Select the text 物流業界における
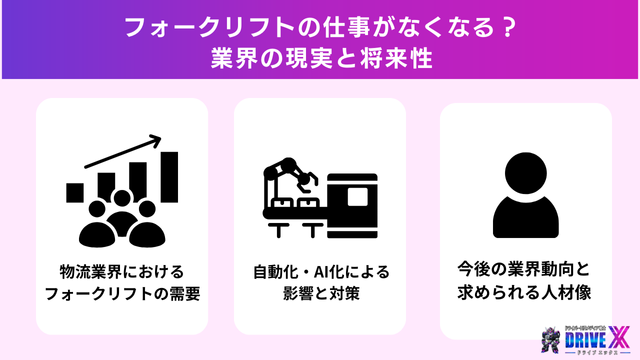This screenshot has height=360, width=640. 120,272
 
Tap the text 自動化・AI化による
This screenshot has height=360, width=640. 320,272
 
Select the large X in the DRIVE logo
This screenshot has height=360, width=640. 619,333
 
